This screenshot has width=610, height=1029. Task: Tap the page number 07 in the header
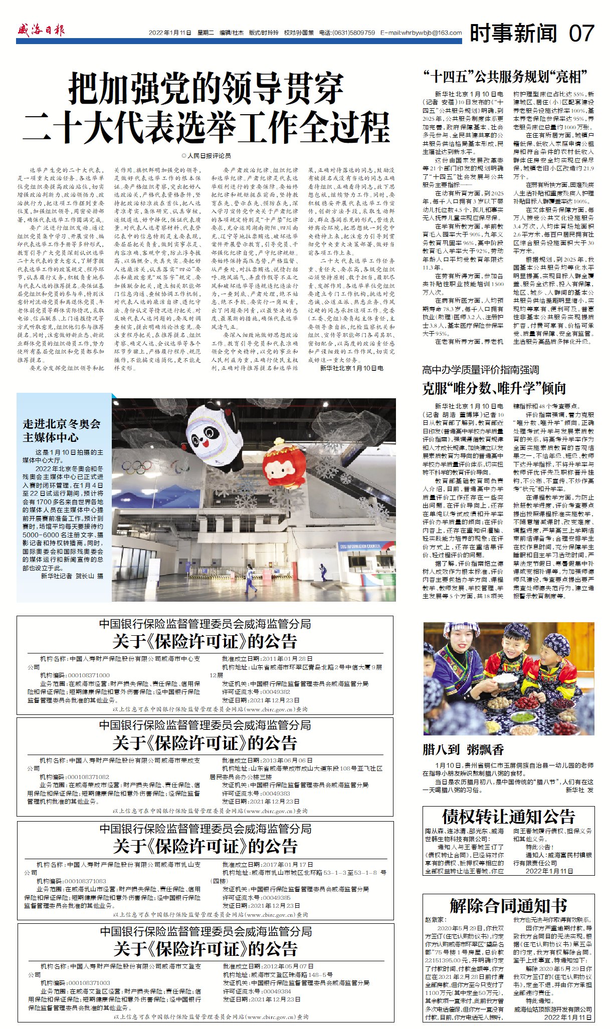(x=581, y=34)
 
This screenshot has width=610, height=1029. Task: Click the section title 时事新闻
(x=513, y=34)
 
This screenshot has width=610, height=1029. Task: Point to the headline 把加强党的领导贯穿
(x=206, y=88)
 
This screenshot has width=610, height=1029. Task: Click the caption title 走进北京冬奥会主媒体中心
(x=61, y=430)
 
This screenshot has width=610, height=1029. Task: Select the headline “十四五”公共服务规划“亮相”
(x=505, y=77)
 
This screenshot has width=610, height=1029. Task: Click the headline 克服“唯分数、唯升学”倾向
(x=494, y=388)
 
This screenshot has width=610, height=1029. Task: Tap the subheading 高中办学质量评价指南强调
(x=480, y=370)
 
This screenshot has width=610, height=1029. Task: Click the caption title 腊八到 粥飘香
(x=463, y=749)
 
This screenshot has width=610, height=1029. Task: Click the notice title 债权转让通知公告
(x=508, y=817)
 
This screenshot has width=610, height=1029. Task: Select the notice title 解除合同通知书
(x=508, y=905)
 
